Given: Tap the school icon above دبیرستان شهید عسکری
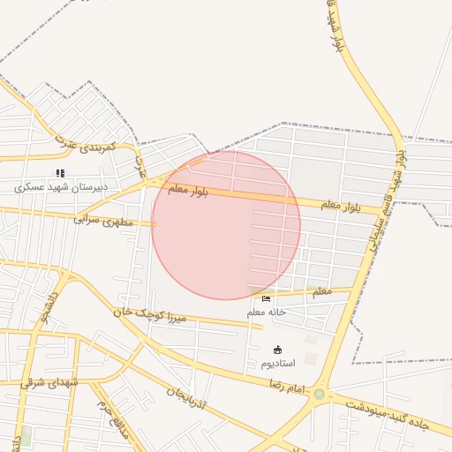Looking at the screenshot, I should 60,174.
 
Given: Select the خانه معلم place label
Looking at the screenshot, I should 267,312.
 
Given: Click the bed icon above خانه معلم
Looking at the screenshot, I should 267,299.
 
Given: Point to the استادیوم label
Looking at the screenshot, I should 279,363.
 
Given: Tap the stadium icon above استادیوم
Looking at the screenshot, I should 278,350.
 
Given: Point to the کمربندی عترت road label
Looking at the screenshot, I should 82,144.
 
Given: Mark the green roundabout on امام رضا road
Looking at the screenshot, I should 319,395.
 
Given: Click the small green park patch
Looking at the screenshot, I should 26,436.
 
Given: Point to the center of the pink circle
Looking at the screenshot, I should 226,225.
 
